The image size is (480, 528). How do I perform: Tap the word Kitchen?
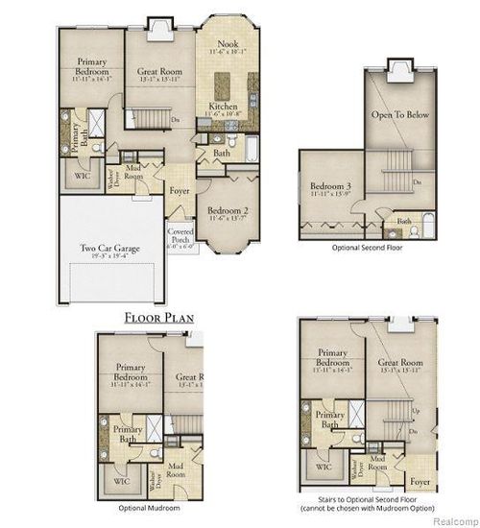(224, 108)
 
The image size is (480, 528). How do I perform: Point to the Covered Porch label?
(180, 236)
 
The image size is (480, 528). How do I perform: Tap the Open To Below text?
(399, 114)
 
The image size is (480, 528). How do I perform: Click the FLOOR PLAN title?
(159, 316)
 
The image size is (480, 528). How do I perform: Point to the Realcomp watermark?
(450, 519)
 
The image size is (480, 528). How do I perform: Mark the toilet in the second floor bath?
(390, 229)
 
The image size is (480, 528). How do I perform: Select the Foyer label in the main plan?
(179, 190)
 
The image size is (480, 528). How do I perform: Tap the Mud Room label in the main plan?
(133, 174)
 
